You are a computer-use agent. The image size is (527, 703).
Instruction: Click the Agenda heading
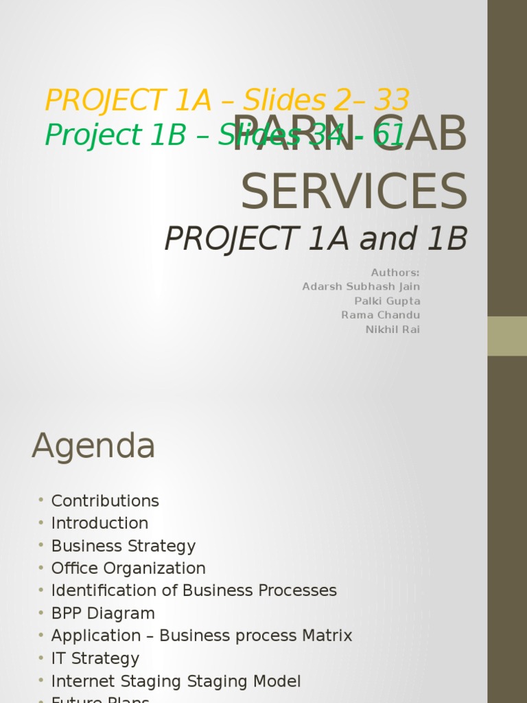[x=93, y=447]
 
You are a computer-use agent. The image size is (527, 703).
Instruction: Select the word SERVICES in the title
[x=353, y=192]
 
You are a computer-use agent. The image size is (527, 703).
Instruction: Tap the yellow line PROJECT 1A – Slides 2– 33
[x=227, y=100]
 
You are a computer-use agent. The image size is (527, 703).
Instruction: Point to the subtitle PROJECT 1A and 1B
[x=316, y=239]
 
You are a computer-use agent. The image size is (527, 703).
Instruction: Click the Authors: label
[x=395, y=273]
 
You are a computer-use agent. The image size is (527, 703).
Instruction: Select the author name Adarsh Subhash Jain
[x=361, y=287]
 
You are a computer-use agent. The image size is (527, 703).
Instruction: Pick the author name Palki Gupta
[x=387, y=301]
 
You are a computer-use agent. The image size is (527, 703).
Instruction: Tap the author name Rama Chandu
[x=381, y=315]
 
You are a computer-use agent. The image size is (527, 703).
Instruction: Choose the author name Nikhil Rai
[x=393, y=330]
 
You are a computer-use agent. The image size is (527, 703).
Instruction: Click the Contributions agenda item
[x=105, y=500]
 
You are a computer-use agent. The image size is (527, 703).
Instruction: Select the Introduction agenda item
[x=99, y=523]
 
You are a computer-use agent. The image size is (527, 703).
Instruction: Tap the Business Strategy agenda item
[x=124, y=546]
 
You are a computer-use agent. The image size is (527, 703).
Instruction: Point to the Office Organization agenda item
[x=128, y=568]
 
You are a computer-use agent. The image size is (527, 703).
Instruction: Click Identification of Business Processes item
[x=194, y=590]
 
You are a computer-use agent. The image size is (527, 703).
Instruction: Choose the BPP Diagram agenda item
[x=103, y=613]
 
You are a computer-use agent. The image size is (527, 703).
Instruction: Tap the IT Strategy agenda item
[x=95, y=658]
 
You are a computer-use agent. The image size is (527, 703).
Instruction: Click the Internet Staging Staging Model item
[x=176, y=681]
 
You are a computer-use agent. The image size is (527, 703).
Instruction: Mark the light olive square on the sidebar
[x=507, y=336]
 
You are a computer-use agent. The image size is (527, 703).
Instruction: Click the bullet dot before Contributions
[x=41, y=499]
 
